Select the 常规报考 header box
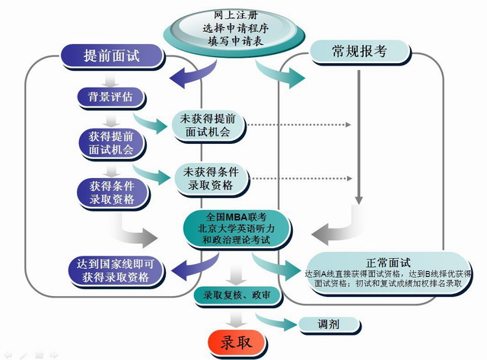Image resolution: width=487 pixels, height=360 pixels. (359, 51)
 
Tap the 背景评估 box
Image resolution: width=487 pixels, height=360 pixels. (111, 97)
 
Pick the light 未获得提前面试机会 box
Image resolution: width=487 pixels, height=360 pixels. (208, 126)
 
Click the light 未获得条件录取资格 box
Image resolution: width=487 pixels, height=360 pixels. (208, 178)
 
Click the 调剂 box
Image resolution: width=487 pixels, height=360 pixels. (329, 323)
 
